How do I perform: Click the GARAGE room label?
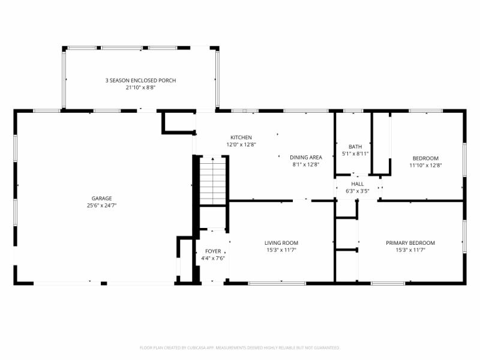pyautogui.click(x=101, y=198)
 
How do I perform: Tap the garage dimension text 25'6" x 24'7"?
pyautogui.click(x=101, y=205)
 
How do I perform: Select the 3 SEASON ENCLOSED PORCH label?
pyautogui.click(x=140, y=80)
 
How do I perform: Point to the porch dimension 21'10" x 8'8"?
pyautogui.click(x=140, y=88)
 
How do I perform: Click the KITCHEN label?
pyautogui.click(x=241, y=137)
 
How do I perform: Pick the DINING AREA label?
pyautogui.click(x=306, y=157)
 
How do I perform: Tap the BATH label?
pyautogui.click(x=355, y=146)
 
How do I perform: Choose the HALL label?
pyautogui.click(x=358, y=184)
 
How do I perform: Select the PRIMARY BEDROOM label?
pyautogui.click(x=410, y=243)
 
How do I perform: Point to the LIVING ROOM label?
pyautogui.click(x=281, y=243)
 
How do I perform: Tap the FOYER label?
pyautogui.click(x=213, y=251)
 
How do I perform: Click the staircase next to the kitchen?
pyautogui.click(x=212, y=180)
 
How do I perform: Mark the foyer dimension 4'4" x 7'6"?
pyautogui.click(x=213, y=259)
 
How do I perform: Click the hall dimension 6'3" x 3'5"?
pyautogui.click(x=358, y=191)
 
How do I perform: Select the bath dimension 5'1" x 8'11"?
pyautogui.click(x=355, y=154)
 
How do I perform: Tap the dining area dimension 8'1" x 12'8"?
pyautogui.click(x=306, y=164)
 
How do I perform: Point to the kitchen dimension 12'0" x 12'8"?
pyautogui.click(x=241, y=145)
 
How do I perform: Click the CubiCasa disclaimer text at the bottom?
pyautogui.click(x=240, y=347)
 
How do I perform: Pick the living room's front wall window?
pyautogui.click(x=277, y=283)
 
